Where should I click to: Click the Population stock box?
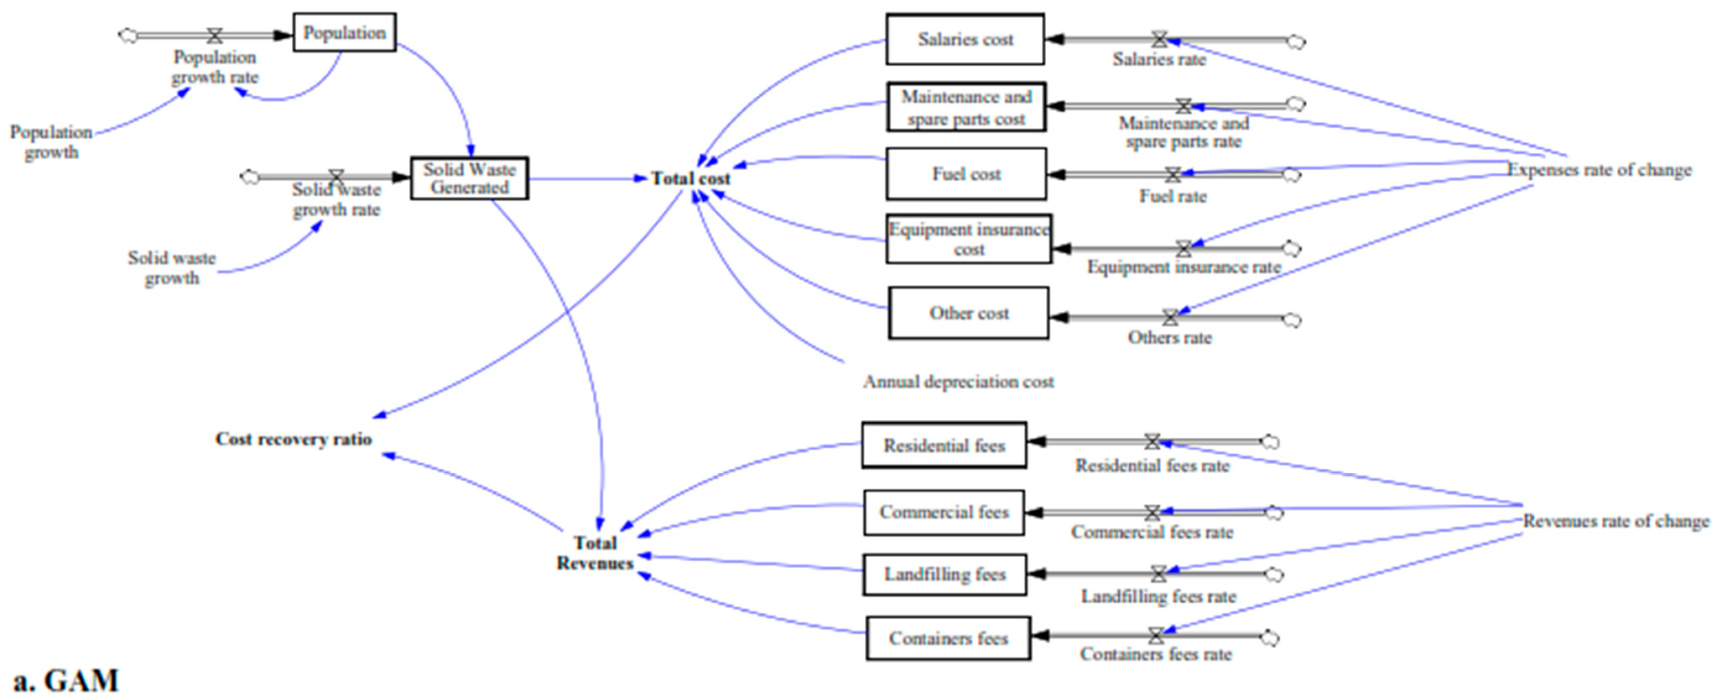pyautogui.click(x=344, y=32)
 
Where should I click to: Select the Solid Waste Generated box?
pyautogui.click(x=469, y=178)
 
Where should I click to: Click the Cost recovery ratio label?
pyautogui.click(x=293, y=439)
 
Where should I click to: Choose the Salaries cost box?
pyautogui.click(x=965, y=40)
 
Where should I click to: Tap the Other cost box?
pyautogui.click(x=969, y=313)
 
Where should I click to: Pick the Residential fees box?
pyautogui.click(x=944, y=445)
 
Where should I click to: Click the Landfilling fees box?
pyautogui.click(x=944, y=574)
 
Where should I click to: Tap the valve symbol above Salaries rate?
pyautogui.click(x=1159, y=40)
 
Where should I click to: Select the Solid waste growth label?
pyautogui.click(x=172, y=268)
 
